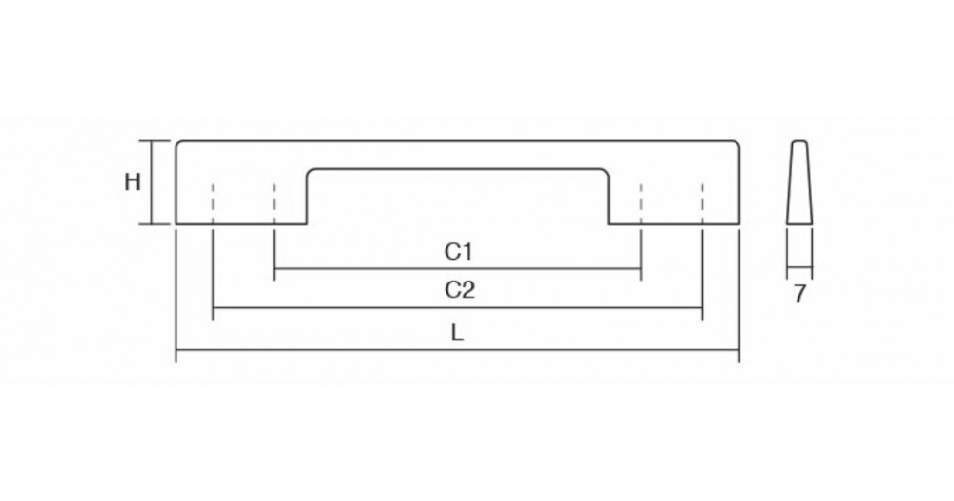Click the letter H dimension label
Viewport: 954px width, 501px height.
(132, 182)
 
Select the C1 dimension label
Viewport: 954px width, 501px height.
(459, 251)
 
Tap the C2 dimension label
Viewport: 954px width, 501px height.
(460, 290)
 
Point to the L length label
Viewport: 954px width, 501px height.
(458, 332)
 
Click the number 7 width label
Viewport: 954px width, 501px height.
(799, 294)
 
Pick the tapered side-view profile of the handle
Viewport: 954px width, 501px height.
(799, 182)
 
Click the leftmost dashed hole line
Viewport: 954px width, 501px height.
(213, 203)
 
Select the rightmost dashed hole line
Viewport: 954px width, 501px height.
(703, 203)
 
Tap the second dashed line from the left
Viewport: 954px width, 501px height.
(275, 203)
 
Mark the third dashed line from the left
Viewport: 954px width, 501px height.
(641, 203)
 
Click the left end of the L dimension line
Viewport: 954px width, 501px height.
(176, 350)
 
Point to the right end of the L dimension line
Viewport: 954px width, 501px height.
(739, 350)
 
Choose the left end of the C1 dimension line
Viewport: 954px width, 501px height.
(275, 268)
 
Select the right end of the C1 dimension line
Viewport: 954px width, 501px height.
(641, 268)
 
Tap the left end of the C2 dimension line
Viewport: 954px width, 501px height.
(213, 308)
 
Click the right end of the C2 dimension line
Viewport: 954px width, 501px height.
(703, 308)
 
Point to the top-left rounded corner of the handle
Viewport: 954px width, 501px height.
(178, 143)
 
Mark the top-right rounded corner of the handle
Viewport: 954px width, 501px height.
(737, 143)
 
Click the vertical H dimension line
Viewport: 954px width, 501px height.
(152, 182)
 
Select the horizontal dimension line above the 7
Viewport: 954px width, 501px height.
(799, 268)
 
